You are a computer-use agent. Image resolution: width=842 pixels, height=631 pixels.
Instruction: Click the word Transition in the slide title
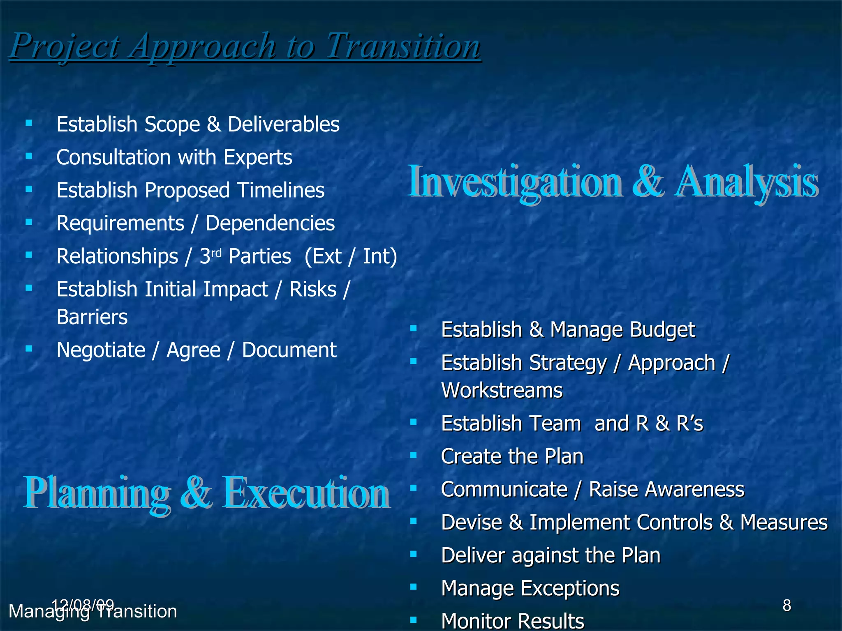(x=403, y=46)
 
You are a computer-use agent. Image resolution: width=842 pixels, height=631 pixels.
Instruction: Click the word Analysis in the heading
(x=746, y=182)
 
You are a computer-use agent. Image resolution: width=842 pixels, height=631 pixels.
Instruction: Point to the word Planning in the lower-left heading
(x=97, y=493)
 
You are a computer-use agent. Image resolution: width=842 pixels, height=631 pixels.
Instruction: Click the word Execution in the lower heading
(x=306, y=493)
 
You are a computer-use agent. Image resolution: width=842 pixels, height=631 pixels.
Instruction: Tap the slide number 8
(x=786, y=606)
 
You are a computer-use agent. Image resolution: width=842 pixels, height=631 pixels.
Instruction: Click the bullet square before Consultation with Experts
(x=29, y=156)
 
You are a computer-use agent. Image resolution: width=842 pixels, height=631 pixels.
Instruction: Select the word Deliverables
(x=284, y=124)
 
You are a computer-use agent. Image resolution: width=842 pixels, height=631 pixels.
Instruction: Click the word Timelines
(x=281, y=190)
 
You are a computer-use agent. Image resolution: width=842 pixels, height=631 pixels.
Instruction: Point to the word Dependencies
(x=270, y=223)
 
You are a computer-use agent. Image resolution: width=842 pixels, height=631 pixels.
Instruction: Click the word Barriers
(x=92, y=317)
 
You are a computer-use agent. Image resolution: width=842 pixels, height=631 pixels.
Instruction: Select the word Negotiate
(x=101, y=350)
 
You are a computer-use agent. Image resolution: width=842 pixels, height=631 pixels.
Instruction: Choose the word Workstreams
(x=502, y=390)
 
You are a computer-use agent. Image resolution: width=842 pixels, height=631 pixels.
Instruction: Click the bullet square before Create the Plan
(x=414, y=455)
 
